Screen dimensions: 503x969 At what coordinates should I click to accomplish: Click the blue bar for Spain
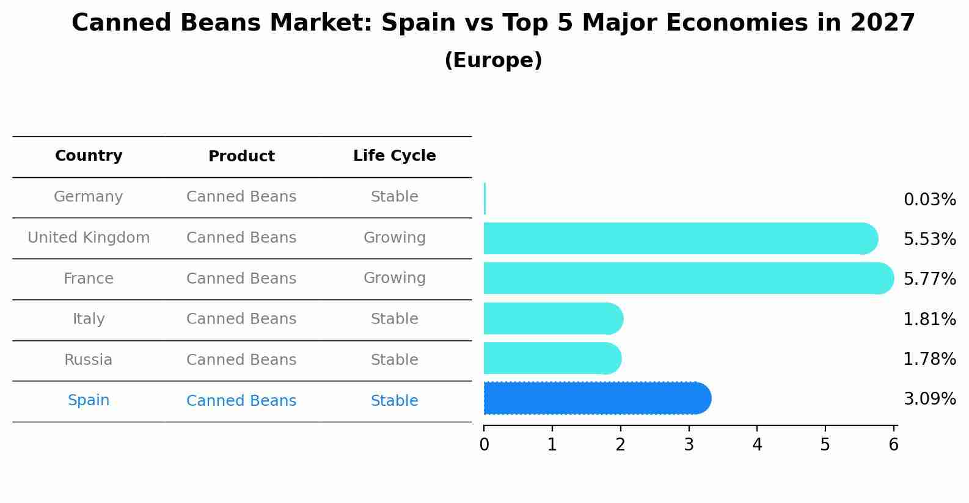point(596,398)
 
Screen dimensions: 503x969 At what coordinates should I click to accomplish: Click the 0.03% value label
point(929,200)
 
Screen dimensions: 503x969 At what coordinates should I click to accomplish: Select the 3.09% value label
point(929,399)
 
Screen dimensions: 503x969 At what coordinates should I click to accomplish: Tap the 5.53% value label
point(929,240)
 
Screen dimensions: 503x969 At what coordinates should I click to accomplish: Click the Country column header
point(89,156)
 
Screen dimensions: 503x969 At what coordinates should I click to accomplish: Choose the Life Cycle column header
point(394,156)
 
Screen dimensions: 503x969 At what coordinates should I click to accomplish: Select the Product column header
point(241,156)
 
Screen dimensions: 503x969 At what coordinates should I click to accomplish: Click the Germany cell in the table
point(89,197)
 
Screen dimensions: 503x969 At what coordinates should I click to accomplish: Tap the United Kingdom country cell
point(89,238)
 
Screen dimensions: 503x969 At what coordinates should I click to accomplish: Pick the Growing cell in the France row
point(394,278)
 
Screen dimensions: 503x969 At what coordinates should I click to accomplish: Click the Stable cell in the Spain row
point(394,401)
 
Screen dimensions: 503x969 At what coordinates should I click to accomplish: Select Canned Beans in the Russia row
point(241,360)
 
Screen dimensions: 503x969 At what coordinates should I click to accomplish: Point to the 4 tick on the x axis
point(757,444)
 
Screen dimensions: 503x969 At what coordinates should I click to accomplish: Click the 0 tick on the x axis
point(484,444)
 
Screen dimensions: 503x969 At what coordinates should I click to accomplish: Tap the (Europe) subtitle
point(493,61)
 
